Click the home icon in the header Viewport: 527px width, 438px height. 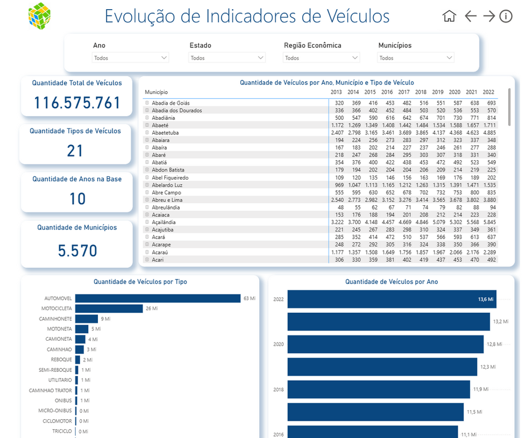449,16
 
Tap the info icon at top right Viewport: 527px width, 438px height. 506,16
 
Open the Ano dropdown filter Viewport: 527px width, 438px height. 131,58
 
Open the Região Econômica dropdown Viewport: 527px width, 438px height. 322,58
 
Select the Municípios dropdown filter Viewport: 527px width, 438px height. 416,58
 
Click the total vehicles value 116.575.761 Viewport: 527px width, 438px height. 77,103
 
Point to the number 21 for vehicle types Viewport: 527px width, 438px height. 75,151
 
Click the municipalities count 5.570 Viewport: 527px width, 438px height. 77,250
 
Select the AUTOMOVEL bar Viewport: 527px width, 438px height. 158,298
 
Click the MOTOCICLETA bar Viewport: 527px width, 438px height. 109,308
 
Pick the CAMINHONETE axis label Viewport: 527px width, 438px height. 55,319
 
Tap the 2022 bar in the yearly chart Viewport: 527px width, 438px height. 391,299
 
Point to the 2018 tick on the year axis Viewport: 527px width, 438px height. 278,390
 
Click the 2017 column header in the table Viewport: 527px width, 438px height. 404,92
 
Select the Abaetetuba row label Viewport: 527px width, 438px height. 165,132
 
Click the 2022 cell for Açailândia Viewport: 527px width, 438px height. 489,222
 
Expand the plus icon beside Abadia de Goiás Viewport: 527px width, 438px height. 147,103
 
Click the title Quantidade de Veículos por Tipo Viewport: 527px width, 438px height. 140,282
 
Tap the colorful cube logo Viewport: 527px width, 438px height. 39,15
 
